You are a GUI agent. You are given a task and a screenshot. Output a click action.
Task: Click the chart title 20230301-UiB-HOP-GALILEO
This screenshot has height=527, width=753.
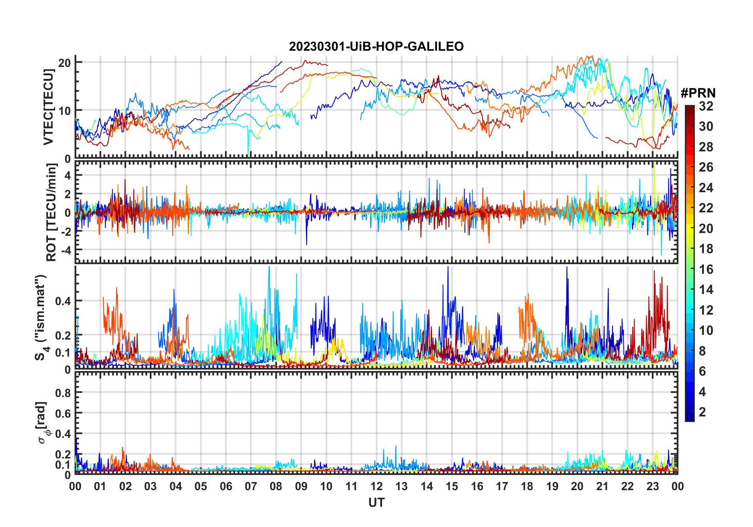coord(376,47)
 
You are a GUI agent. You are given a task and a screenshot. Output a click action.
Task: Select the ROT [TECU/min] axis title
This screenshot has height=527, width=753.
coord(51,212)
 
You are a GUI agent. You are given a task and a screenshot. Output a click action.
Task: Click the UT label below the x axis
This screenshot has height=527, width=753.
coord(376,502)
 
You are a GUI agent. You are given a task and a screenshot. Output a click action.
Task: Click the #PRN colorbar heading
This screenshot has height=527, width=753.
coord(698,93)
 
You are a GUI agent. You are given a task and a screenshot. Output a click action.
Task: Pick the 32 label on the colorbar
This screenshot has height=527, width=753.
coord(706,106)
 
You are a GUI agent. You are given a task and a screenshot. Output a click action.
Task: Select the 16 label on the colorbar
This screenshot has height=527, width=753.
coord(706,269)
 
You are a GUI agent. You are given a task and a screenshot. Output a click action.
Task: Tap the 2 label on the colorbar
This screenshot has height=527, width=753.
coord(702,412)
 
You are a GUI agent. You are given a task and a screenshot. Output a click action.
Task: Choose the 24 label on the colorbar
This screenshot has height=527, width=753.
coord(706,188)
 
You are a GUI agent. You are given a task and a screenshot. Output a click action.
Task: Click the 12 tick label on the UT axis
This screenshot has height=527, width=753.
coord(376,486)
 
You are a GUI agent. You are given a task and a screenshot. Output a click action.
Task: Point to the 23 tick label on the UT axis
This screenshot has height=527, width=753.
coord(652,486)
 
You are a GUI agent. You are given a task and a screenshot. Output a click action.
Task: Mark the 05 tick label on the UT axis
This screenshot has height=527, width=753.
coord(201,486)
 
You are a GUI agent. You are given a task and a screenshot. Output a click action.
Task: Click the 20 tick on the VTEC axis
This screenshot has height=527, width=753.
coord(65,63)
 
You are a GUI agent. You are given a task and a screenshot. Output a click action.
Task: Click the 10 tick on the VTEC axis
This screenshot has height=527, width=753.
coord(65,111)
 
